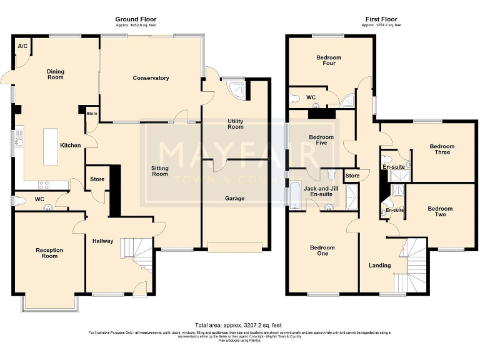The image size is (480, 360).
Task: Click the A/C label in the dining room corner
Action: pos(22,46)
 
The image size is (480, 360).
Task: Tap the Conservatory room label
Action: pos(151,78)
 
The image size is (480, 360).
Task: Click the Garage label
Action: pos(235,199)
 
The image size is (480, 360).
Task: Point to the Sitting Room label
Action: pos(160,171)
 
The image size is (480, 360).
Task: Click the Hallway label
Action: pos(102,241)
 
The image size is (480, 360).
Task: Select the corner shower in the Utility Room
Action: pos(236,87)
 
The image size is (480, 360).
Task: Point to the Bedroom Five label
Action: pos(321,140)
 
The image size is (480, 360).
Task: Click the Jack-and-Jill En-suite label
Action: pos(318,191)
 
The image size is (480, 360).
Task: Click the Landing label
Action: pos(379,266)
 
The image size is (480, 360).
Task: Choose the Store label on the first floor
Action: pos(352,176)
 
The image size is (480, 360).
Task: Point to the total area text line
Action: pos(236,326)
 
